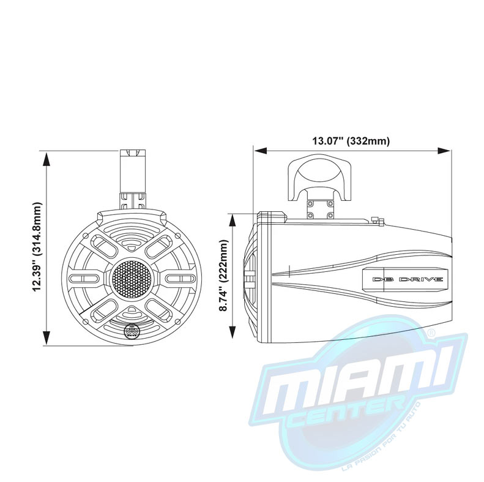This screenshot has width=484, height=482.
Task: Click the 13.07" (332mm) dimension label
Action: coord(351,141)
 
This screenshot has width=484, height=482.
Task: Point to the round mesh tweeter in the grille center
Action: coord(130,279)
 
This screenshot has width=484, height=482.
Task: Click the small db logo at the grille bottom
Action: coord(131,332)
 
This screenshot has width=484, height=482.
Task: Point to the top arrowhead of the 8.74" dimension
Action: coord(232,217)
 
